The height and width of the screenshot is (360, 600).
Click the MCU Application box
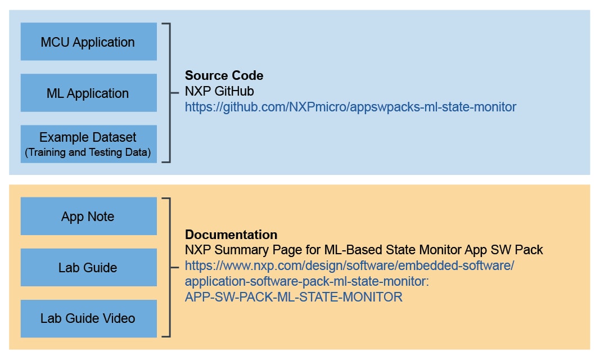point(88,42)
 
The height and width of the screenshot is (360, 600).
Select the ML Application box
point(88,93)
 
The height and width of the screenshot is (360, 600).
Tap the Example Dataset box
point(88,144)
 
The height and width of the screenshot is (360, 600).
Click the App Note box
point(88,216)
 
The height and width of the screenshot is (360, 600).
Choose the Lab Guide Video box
point(88,318)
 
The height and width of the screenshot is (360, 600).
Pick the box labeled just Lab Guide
point(88,267)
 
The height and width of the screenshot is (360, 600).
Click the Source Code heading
point(224,75)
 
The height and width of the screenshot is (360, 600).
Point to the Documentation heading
point(231,235)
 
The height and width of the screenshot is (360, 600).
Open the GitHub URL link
point(350,106)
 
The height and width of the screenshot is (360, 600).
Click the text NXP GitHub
point(219,91)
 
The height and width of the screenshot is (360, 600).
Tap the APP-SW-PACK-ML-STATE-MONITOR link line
point(294,297)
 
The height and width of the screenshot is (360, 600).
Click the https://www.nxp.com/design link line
point(349,265)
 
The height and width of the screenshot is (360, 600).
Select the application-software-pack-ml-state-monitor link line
point(306,281)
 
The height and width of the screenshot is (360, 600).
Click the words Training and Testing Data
point(88,152)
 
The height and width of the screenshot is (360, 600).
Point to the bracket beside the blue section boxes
point(166,93)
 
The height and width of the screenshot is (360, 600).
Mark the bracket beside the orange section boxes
point(166,267)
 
